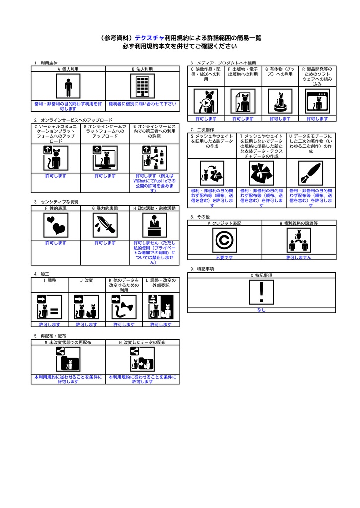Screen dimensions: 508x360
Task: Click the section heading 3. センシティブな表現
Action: tap(57, 202)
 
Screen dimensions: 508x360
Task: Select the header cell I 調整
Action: tap(49, 280)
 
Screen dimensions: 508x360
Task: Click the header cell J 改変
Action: tap(86, 280)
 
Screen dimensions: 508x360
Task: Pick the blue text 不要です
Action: tap(224, 258)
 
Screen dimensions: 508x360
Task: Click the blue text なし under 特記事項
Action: tap(261, 310)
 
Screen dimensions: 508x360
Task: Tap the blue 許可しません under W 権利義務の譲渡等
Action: tap(298, 258)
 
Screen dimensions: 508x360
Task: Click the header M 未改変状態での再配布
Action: tap(68, 342)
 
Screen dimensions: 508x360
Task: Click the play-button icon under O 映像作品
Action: tap(206, 102)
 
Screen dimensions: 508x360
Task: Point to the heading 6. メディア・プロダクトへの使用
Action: tap(223, 63)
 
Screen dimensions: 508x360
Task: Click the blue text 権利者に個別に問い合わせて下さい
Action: tap(143, 104)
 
